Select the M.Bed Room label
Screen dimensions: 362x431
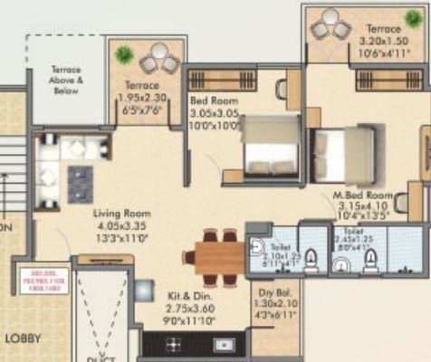click(x=367, y=195)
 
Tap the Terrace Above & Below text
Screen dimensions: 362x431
click(x=66, y=79)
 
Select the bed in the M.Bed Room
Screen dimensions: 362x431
click(x=343, y=148)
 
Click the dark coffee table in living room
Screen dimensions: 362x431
click(x=80, y=184)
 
